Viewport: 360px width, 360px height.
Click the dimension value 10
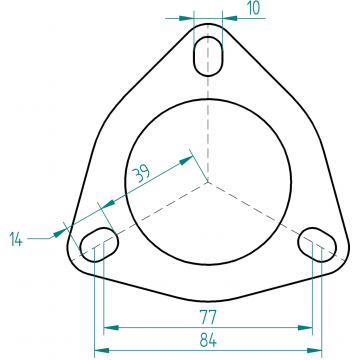(254, 8)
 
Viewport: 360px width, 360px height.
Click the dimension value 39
(142, 173)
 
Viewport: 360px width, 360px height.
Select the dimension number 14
(16, 239)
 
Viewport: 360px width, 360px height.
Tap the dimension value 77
(208, 317)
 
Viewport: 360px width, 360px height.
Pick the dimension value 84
(208, 340)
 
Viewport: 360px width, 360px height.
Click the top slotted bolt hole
(208, 56)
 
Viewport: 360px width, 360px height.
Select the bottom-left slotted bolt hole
(99, 244)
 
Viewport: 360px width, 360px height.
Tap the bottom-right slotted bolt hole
(317, 245)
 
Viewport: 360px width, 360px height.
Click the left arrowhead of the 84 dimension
(102, 350)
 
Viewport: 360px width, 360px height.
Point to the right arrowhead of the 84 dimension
(314, 350)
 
